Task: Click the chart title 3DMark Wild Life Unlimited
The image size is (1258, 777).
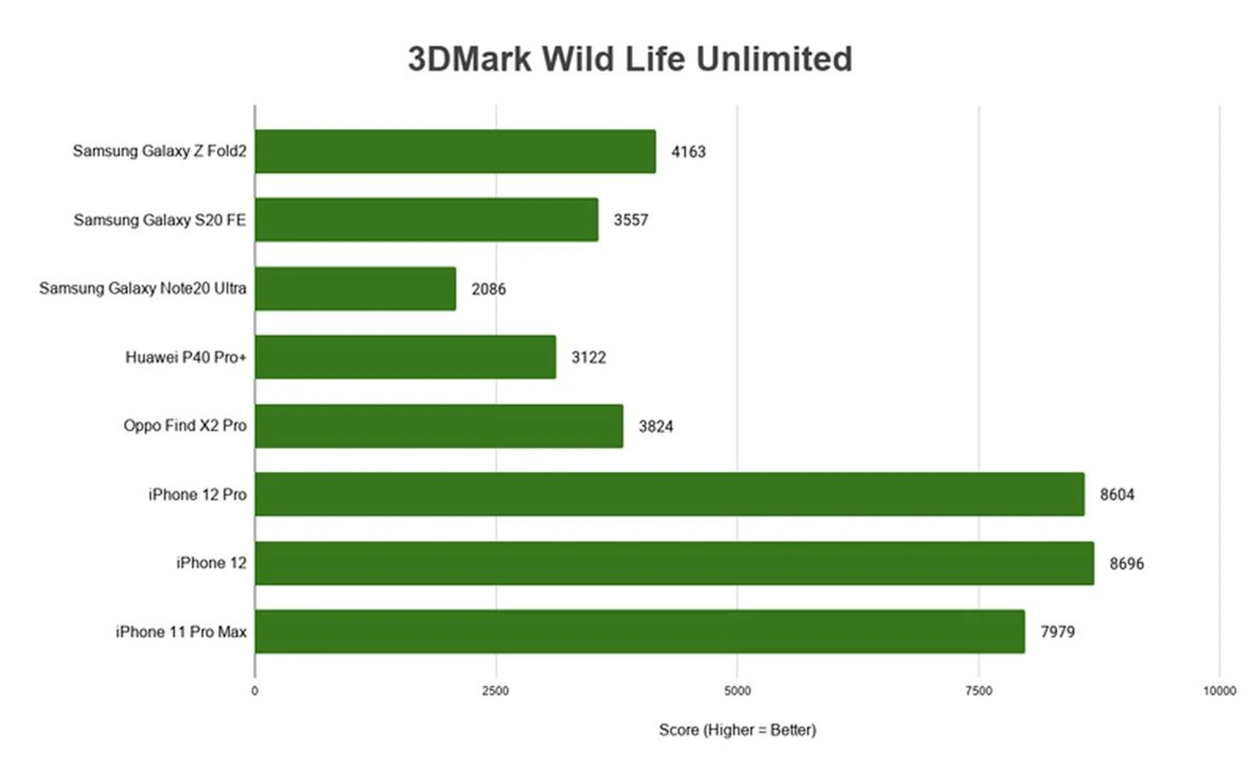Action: (630, 59)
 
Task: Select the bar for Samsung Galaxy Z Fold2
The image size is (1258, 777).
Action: (455, 151)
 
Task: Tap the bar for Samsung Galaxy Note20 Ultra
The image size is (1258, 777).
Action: (355, 288)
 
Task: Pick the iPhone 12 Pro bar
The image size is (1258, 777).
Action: (669, 494)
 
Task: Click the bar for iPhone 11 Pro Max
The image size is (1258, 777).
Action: (639, 632)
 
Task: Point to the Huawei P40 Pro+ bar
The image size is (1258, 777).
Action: (406, 357)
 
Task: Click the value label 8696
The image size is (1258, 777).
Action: (1126, 563)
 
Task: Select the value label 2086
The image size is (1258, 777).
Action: (489, 289)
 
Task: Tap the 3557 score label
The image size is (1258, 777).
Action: (630, 220)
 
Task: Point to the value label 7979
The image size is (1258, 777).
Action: (1058, 632)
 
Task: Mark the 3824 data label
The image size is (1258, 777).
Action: (656, 426)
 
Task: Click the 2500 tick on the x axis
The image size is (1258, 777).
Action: (495, 691)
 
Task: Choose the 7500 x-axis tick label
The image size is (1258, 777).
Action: (978, 691)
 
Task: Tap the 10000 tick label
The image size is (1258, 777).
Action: (1219, 691)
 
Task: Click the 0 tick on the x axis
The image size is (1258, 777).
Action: (255, 691)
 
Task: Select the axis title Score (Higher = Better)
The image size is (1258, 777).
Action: (737, 730)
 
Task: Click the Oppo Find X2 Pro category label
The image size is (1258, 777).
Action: (185, 426)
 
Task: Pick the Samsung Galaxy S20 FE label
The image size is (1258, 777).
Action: (159, 220)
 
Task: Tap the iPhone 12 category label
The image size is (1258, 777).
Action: (211, 563)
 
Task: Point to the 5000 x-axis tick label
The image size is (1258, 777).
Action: (737, 691)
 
